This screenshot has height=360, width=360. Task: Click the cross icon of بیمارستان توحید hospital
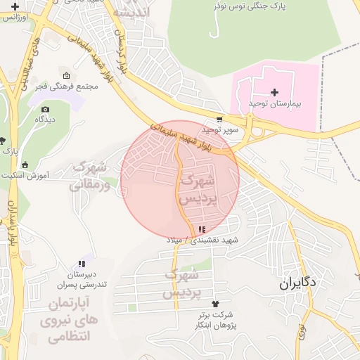274,92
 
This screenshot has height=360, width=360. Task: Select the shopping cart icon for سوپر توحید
219,120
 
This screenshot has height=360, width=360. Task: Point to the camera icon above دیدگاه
45,109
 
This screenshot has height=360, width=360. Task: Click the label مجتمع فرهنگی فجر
66,86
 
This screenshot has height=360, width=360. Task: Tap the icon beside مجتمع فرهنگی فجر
66,75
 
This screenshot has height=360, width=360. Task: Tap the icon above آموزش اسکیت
25,165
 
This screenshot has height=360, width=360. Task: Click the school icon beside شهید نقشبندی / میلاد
202,229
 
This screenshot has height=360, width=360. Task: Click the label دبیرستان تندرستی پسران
81,279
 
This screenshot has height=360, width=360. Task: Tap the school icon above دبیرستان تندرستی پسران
82,264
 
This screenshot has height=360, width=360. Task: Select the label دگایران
297,283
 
